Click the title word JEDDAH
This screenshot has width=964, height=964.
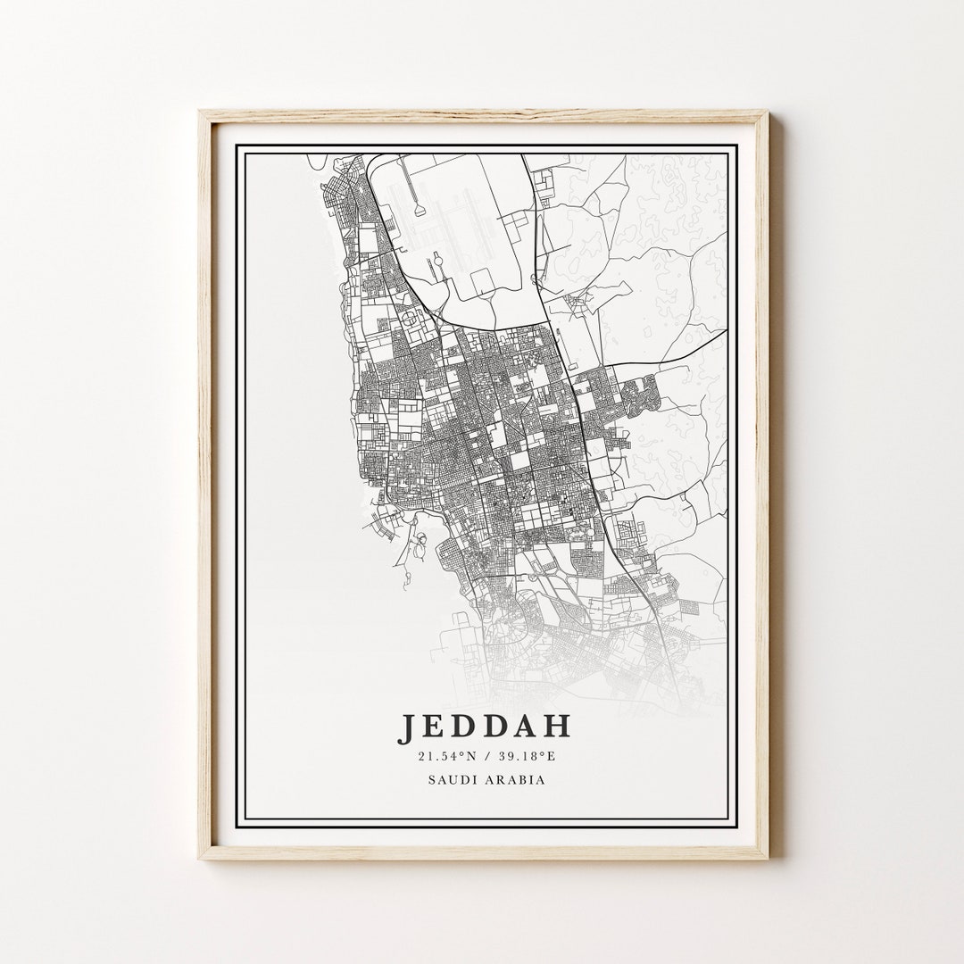(x=485, y=727)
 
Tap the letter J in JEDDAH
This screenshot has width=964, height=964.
(x=406, y=727)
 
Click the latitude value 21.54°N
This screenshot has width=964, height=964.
(x=447, y=758)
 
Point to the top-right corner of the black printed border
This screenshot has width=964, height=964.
(x=735, y=145)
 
